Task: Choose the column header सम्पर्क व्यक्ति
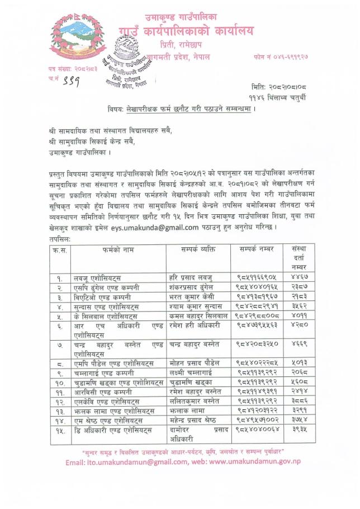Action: tap(198, 248)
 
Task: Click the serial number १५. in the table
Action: tap(58, 430)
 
